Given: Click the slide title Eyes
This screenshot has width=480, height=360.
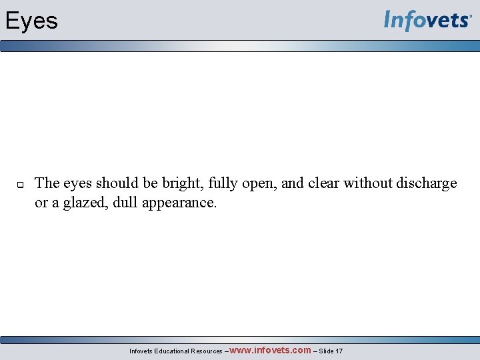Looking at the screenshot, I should (31, 21).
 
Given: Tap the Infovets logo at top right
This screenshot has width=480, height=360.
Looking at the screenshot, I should (427, 21).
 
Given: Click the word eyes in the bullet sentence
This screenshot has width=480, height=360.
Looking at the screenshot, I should (78, 183).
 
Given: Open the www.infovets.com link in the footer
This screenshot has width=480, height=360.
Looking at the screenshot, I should (270, 350).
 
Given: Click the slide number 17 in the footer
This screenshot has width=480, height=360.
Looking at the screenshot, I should (339, 351).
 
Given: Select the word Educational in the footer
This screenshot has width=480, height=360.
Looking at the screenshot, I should (171, 351).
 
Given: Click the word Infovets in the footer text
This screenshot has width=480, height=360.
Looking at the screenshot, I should (141, 351).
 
